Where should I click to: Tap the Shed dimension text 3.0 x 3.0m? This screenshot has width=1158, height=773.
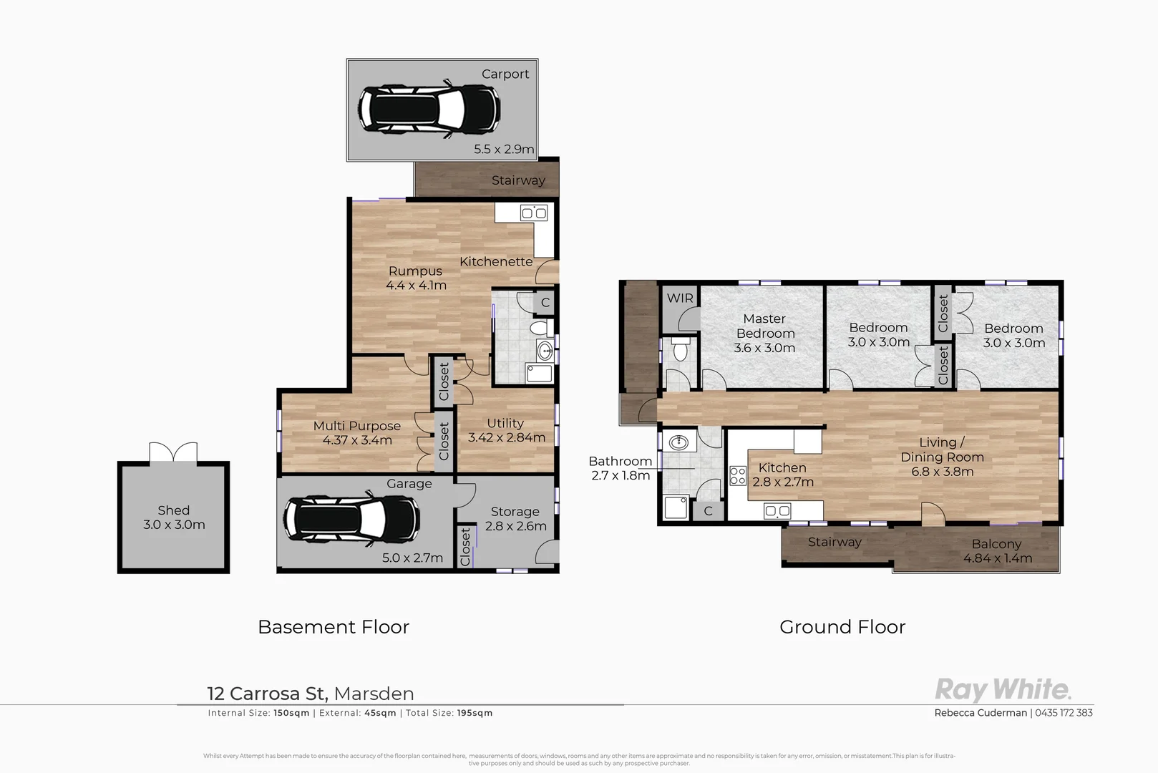pyautogui.click(x=174, y=525)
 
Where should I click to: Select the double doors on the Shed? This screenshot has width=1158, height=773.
pyautogui.click(x=172, y=453)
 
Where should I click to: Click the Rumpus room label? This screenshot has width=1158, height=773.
pyautogui.click(x=415, y=271)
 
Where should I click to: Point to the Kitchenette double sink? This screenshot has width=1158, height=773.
pyautogui.click(x=533, y=213)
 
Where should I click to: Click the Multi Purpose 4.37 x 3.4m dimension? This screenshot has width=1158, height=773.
pyautogui.click(x=357, y=440)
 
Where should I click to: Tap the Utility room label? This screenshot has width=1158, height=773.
pyautogui.click(x=505, y=423)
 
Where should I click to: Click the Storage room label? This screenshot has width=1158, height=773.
pyautogui.click(x=515, y=512)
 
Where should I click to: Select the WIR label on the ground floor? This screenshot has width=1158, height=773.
pyautogui.click(x=680, y=298)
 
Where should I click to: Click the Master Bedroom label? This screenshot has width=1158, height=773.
pyautogui.click(x=764, y=326)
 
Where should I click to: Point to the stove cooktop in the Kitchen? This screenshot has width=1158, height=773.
pyautogui.click(x=737, y=475)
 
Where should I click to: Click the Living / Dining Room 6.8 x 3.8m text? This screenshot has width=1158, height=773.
pyautogui.click(x=942, y=472)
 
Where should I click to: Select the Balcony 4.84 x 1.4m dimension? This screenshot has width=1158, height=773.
pyautogui.click(x=997, y=558)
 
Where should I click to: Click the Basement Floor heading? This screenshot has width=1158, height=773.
pyautogui.click(x=334, y=627)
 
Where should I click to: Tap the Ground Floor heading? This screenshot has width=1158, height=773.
pyautogui.click(x=842, y=627)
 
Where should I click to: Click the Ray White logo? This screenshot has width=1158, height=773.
pyautogui.click(x=1003, y=690)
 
